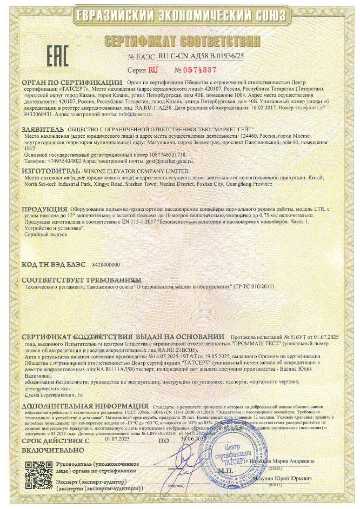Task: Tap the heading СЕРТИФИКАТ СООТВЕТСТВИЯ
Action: pyautogui.click(x=180, y=42)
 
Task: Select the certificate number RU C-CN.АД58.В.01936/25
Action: pyautogui.click(x=201, y=56)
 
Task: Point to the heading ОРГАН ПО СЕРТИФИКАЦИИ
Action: pyautogui.click(x=72, y=83)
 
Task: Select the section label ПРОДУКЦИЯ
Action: pyautogui.click(x=44, y=209)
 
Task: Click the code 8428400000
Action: pyautogui.click(x=106, y=265)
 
